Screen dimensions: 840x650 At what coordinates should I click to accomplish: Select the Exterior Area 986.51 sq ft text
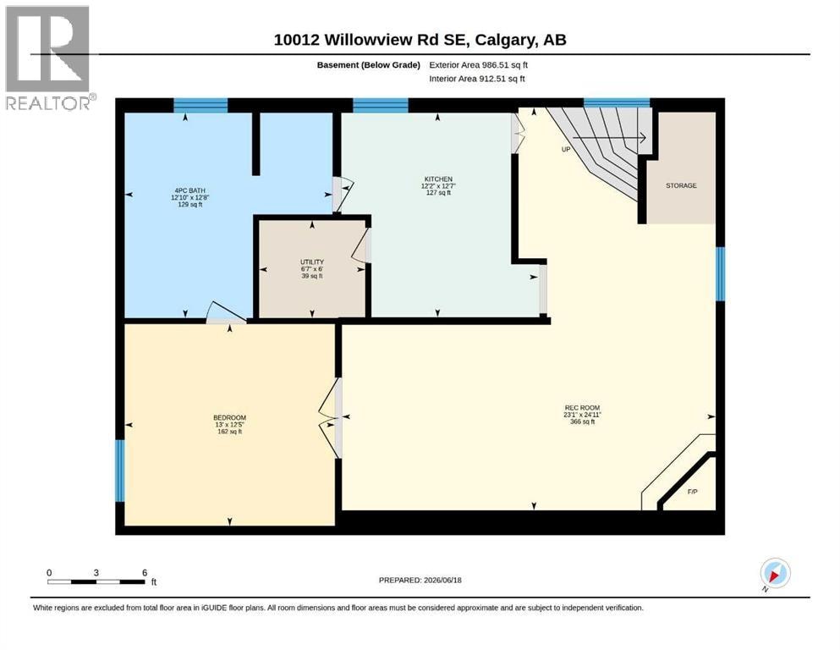click(479, 65)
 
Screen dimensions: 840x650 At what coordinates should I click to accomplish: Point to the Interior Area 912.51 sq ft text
click(477, 79)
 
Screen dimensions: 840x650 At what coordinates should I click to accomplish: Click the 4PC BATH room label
click(189, 190)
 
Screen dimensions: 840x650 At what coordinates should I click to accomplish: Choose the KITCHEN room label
click(438, 179)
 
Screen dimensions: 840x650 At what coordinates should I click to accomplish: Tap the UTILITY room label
click(312, 262)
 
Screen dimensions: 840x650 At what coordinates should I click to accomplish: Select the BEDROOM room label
click(229, 418)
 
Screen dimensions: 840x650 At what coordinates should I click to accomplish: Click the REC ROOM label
click(582, 408)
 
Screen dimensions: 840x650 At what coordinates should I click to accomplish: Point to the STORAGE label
click(681, 185)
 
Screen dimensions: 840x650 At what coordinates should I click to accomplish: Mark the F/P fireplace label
click(692, 492)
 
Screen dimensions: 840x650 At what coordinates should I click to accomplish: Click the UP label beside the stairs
click(566, 150)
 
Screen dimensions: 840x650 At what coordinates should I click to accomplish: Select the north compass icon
click(774, 574)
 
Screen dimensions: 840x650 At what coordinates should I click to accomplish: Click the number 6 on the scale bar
click(145, 572)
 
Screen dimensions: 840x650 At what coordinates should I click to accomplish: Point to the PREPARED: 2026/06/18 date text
click(420, 580)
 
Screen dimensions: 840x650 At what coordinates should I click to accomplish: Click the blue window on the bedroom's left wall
click(120, 471)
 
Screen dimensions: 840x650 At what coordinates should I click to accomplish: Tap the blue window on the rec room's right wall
click(721, 274)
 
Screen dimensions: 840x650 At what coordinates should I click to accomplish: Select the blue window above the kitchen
click(381, 105)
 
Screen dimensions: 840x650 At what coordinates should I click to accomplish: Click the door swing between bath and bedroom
click(226, 313)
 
